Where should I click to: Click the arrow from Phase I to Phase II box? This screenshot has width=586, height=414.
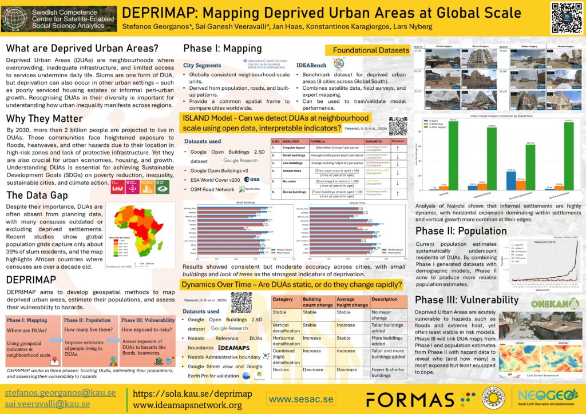coord(55,340)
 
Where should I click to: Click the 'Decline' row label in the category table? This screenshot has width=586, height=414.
coord(282,369)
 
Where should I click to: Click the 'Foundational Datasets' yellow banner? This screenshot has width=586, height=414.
coord(367,50)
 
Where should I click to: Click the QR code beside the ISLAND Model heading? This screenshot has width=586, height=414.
coord(398,125)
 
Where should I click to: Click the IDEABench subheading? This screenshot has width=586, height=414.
coord(312,66)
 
